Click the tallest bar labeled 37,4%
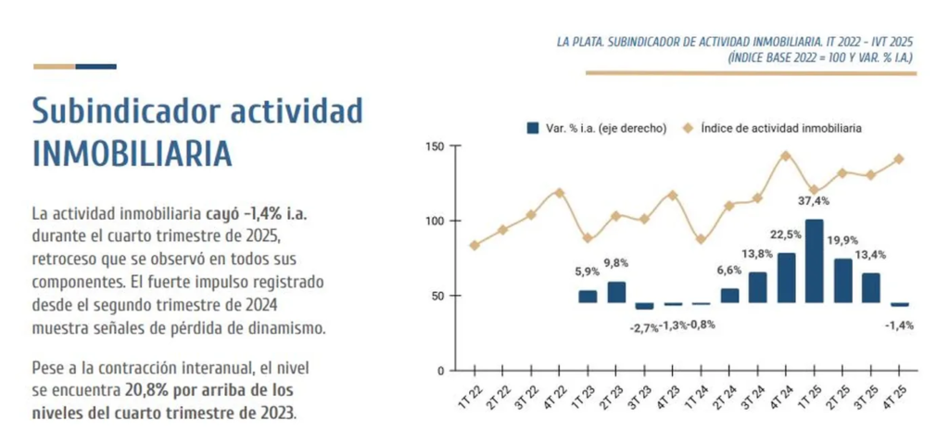point(815,261)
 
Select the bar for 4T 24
point(786,278)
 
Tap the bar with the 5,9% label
point(588,297)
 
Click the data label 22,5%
point(786,234)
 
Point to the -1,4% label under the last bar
point(899,324)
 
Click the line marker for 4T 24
point(786,156)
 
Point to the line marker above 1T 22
point(474,246)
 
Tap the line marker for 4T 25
point(899,159)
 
